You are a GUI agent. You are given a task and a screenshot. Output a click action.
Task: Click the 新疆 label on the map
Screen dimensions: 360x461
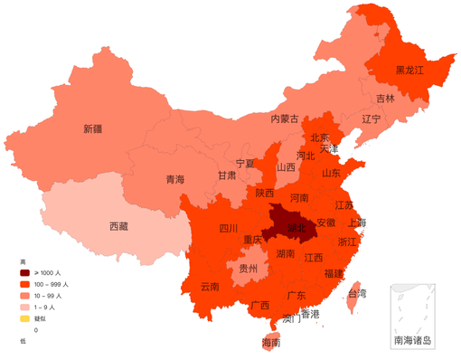[x=92, y=128]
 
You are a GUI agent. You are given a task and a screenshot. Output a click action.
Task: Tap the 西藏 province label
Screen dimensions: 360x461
[x=119, y=225]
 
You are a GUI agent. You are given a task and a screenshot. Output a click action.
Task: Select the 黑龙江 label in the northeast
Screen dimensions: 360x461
[x=410, y=70]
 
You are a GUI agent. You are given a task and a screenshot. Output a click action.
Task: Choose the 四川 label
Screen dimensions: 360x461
[x=229, y=229]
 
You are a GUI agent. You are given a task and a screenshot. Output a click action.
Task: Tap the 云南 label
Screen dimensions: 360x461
[x=210, y=286]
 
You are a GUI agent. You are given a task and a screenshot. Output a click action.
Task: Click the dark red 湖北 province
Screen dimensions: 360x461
[x=296, y=229]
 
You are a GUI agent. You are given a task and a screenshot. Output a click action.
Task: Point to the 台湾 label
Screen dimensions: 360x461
[x=357, y=293]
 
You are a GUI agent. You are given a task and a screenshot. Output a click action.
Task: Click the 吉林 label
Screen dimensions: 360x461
[x=386, y=98]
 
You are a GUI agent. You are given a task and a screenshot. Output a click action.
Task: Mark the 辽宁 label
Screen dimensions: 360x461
[x=372, y=118]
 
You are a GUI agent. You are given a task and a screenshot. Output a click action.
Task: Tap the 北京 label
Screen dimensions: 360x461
[x=320, y=138]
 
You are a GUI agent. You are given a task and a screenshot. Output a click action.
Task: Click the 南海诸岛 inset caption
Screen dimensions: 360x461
[x=412, y=341]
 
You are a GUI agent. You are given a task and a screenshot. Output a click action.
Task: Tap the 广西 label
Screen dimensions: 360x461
[x=259, y=305]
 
